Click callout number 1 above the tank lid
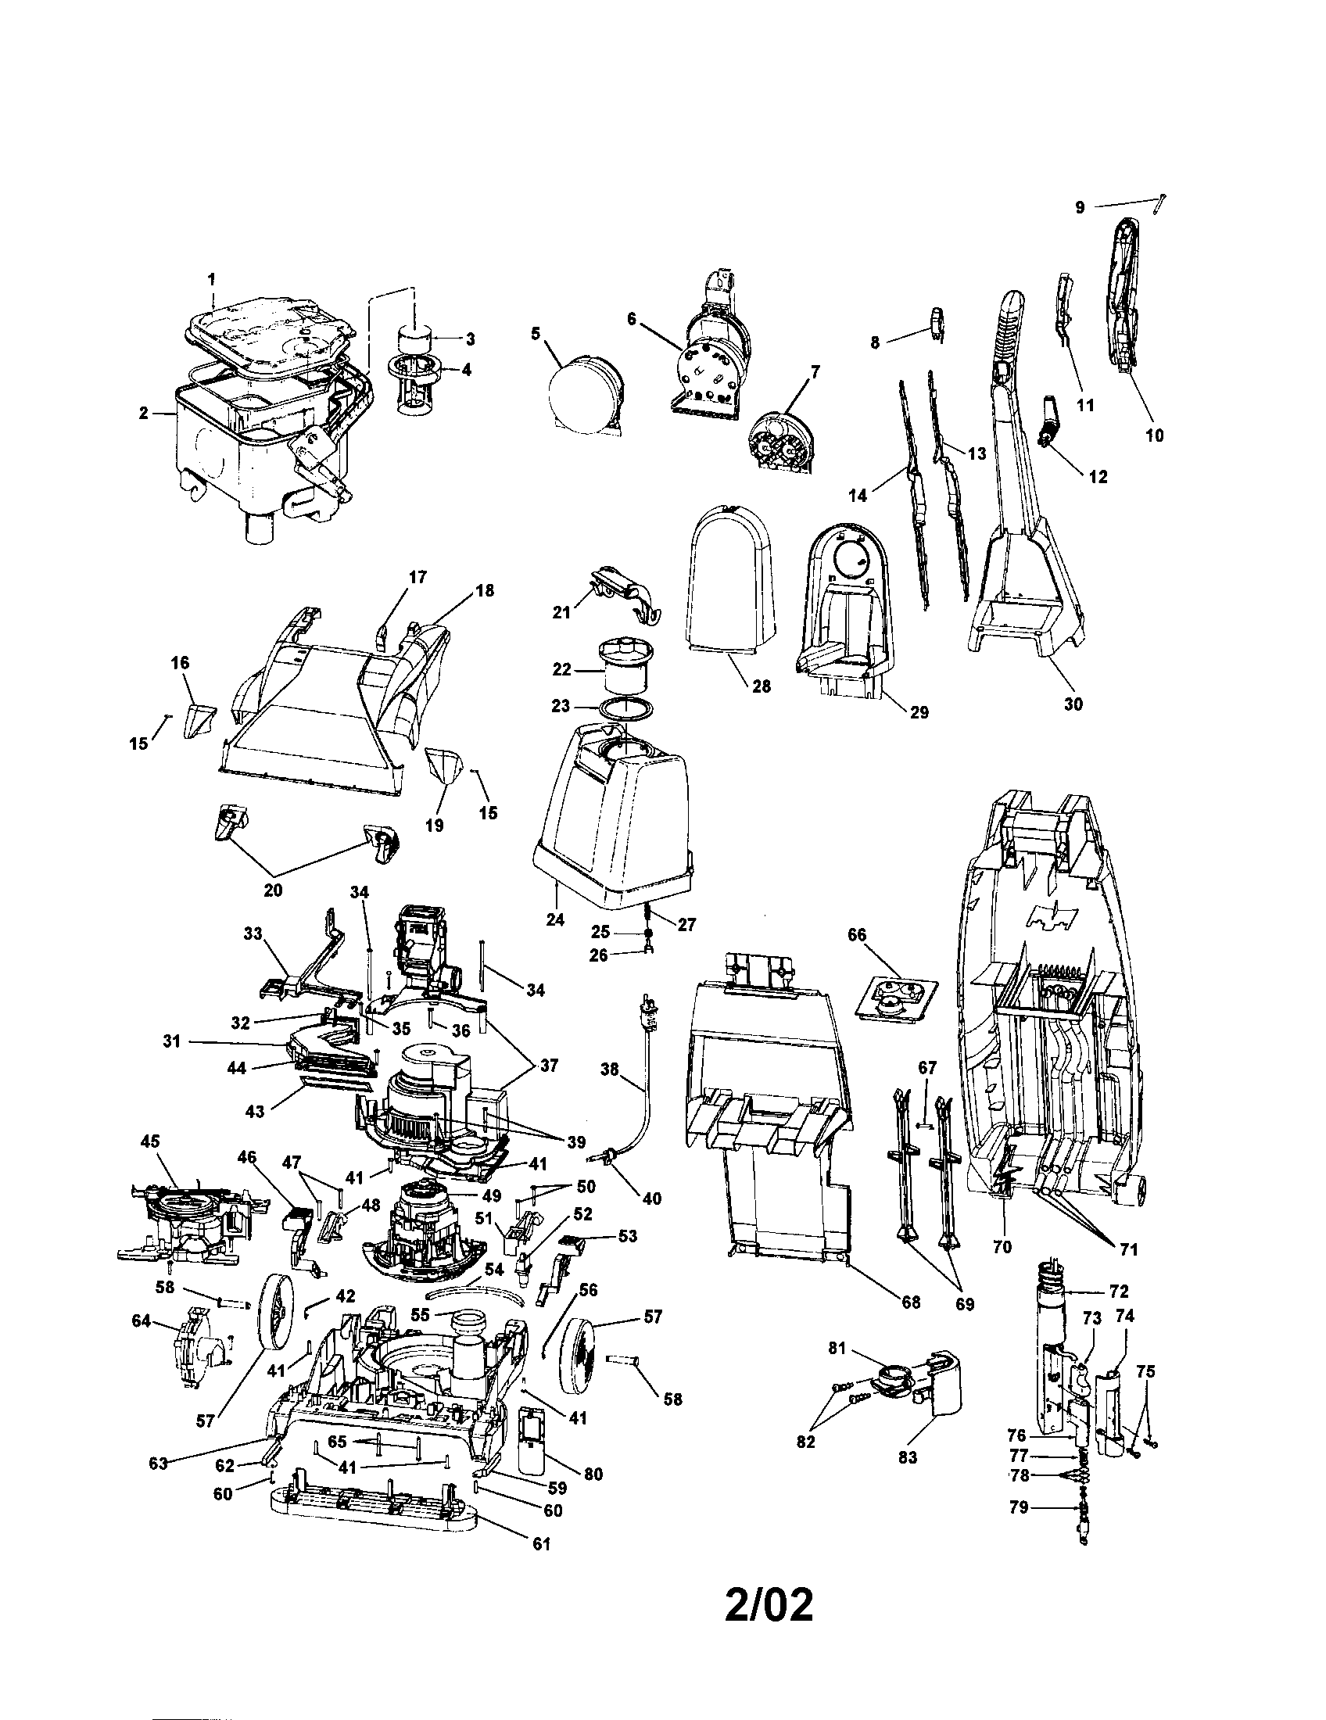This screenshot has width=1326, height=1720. point(211,279)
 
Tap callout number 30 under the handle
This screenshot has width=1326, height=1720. point(1073,704)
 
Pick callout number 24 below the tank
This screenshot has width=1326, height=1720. point(555,919)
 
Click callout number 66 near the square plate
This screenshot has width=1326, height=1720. point(856,935)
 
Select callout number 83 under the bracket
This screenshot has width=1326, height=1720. point(908,1457)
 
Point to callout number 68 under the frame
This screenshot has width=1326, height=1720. point(911,1303)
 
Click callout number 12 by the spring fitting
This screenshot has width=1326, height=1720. point(1098,476)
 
